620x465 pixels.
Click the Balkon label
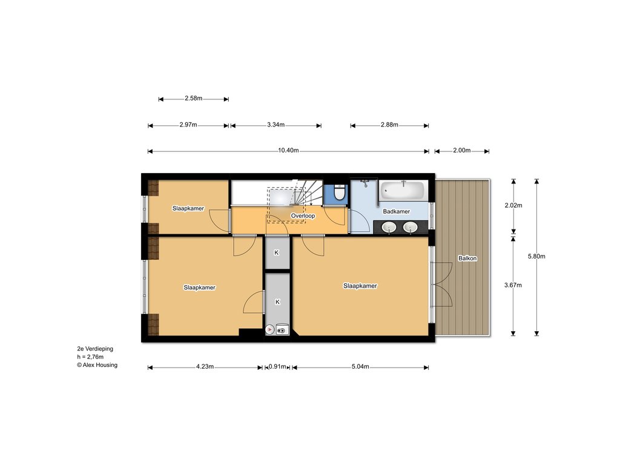pos(467,258)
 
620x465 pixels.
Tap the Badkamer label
pos(396,211)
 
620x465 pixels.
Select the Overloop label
pos(303,216)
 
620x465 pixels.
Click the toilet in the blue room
pos(339,193)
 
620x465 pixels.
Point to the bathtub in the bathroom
pos(403,191)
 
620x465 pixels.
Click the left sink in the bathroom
pos(389,228)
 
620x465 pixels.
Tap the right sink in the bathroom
pos(411,228)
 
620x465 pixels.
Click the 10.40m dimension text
pos(288,150)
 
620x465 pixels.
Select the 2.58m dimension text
pos(193,98)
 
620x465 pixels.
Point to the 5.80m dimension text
pos(536,256)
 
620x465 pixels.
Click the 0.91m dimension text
pos(277,366)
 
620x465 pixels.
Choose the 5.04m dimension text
pos(360,366)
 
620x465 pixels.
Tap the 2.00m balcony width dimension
pos(462,150)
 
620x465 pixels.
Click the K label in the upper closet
pos(276,252)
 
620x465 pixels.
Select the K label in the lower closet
pos(277,302)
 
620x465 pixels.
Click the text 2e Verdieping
pos(95,349)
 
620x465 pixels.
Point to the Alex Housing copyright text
pos(97,365)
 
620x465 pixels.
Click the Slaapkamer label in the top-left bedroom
pos(188,208)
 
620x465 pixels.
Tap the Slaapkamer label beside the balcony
pos(360,286)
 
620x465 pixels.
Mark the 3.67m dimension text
pos(513,285)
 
